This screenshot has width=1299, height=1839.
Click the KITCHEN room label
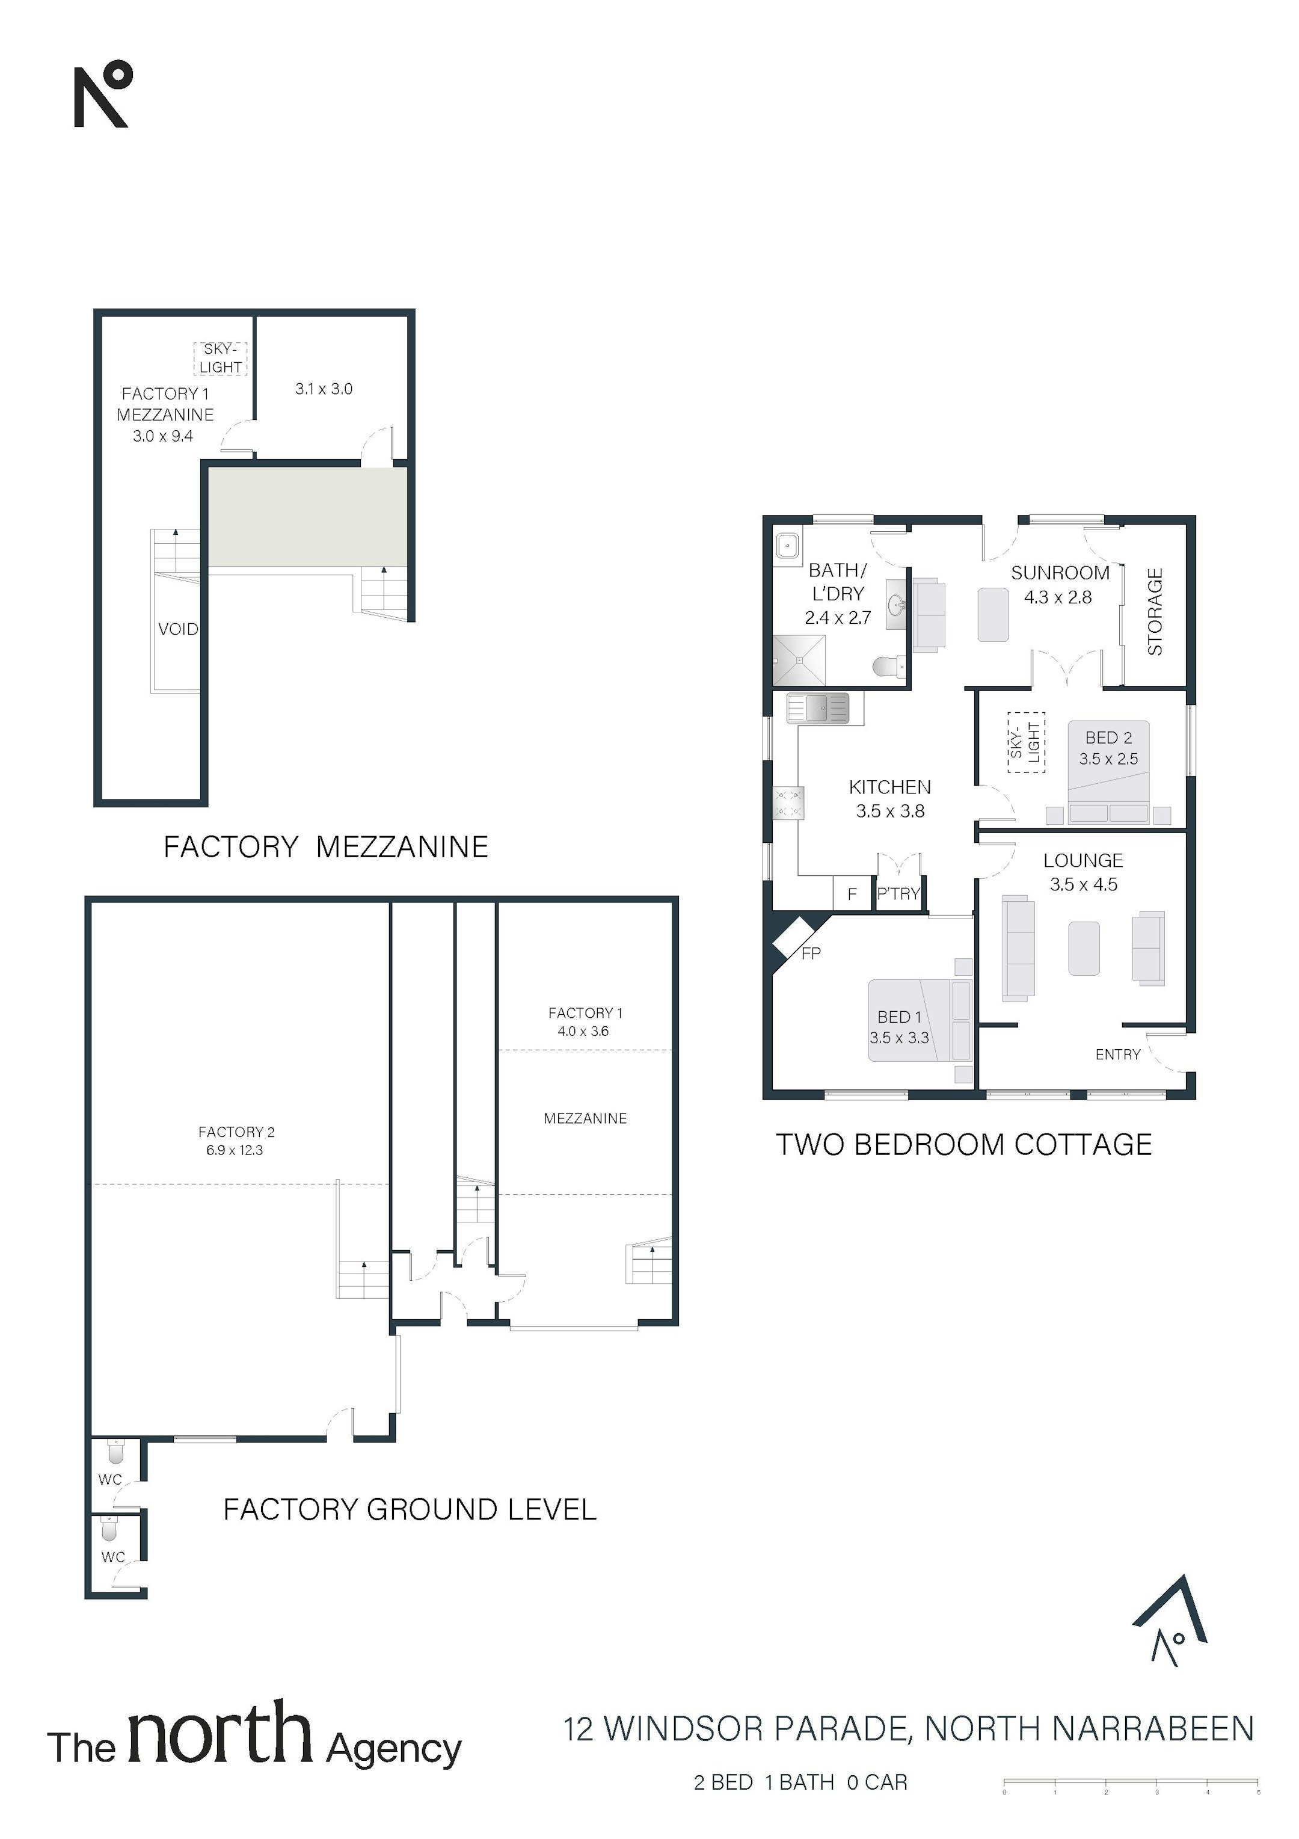point(890,787)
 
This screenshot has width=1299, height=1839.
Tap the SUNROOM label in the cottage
point(1060,573)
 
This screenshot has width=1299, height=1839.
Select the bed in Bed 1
point(920,1020)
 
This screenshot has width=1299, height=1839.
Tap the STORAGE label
point(1155,612)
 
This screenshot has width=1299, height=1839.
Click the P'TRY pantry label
point(898,894)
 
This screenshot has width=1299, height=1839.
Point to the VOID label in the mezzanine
point(178,629)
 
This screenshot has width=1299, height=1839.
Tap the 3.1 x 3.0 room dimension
point(324,389)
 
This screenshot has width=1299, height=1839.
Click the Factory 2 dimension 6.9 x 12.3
point(235,1150)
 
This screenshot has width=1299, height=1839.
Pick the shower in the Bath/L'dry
point(799,661)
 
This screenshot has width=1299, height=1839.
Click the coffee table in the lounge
point(1084,948)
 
